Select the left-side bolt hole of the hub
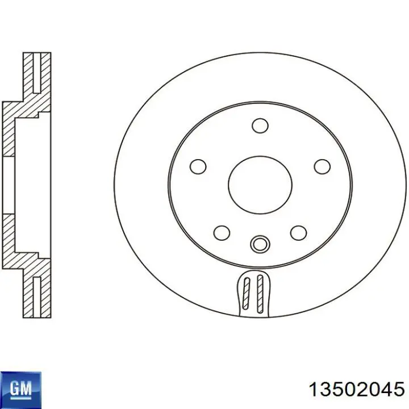(198, 166)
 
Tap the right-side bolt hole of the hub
(322, 166)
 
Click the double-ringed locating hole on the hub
(260, 244)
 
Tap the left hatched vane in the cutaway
(246, 293)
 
